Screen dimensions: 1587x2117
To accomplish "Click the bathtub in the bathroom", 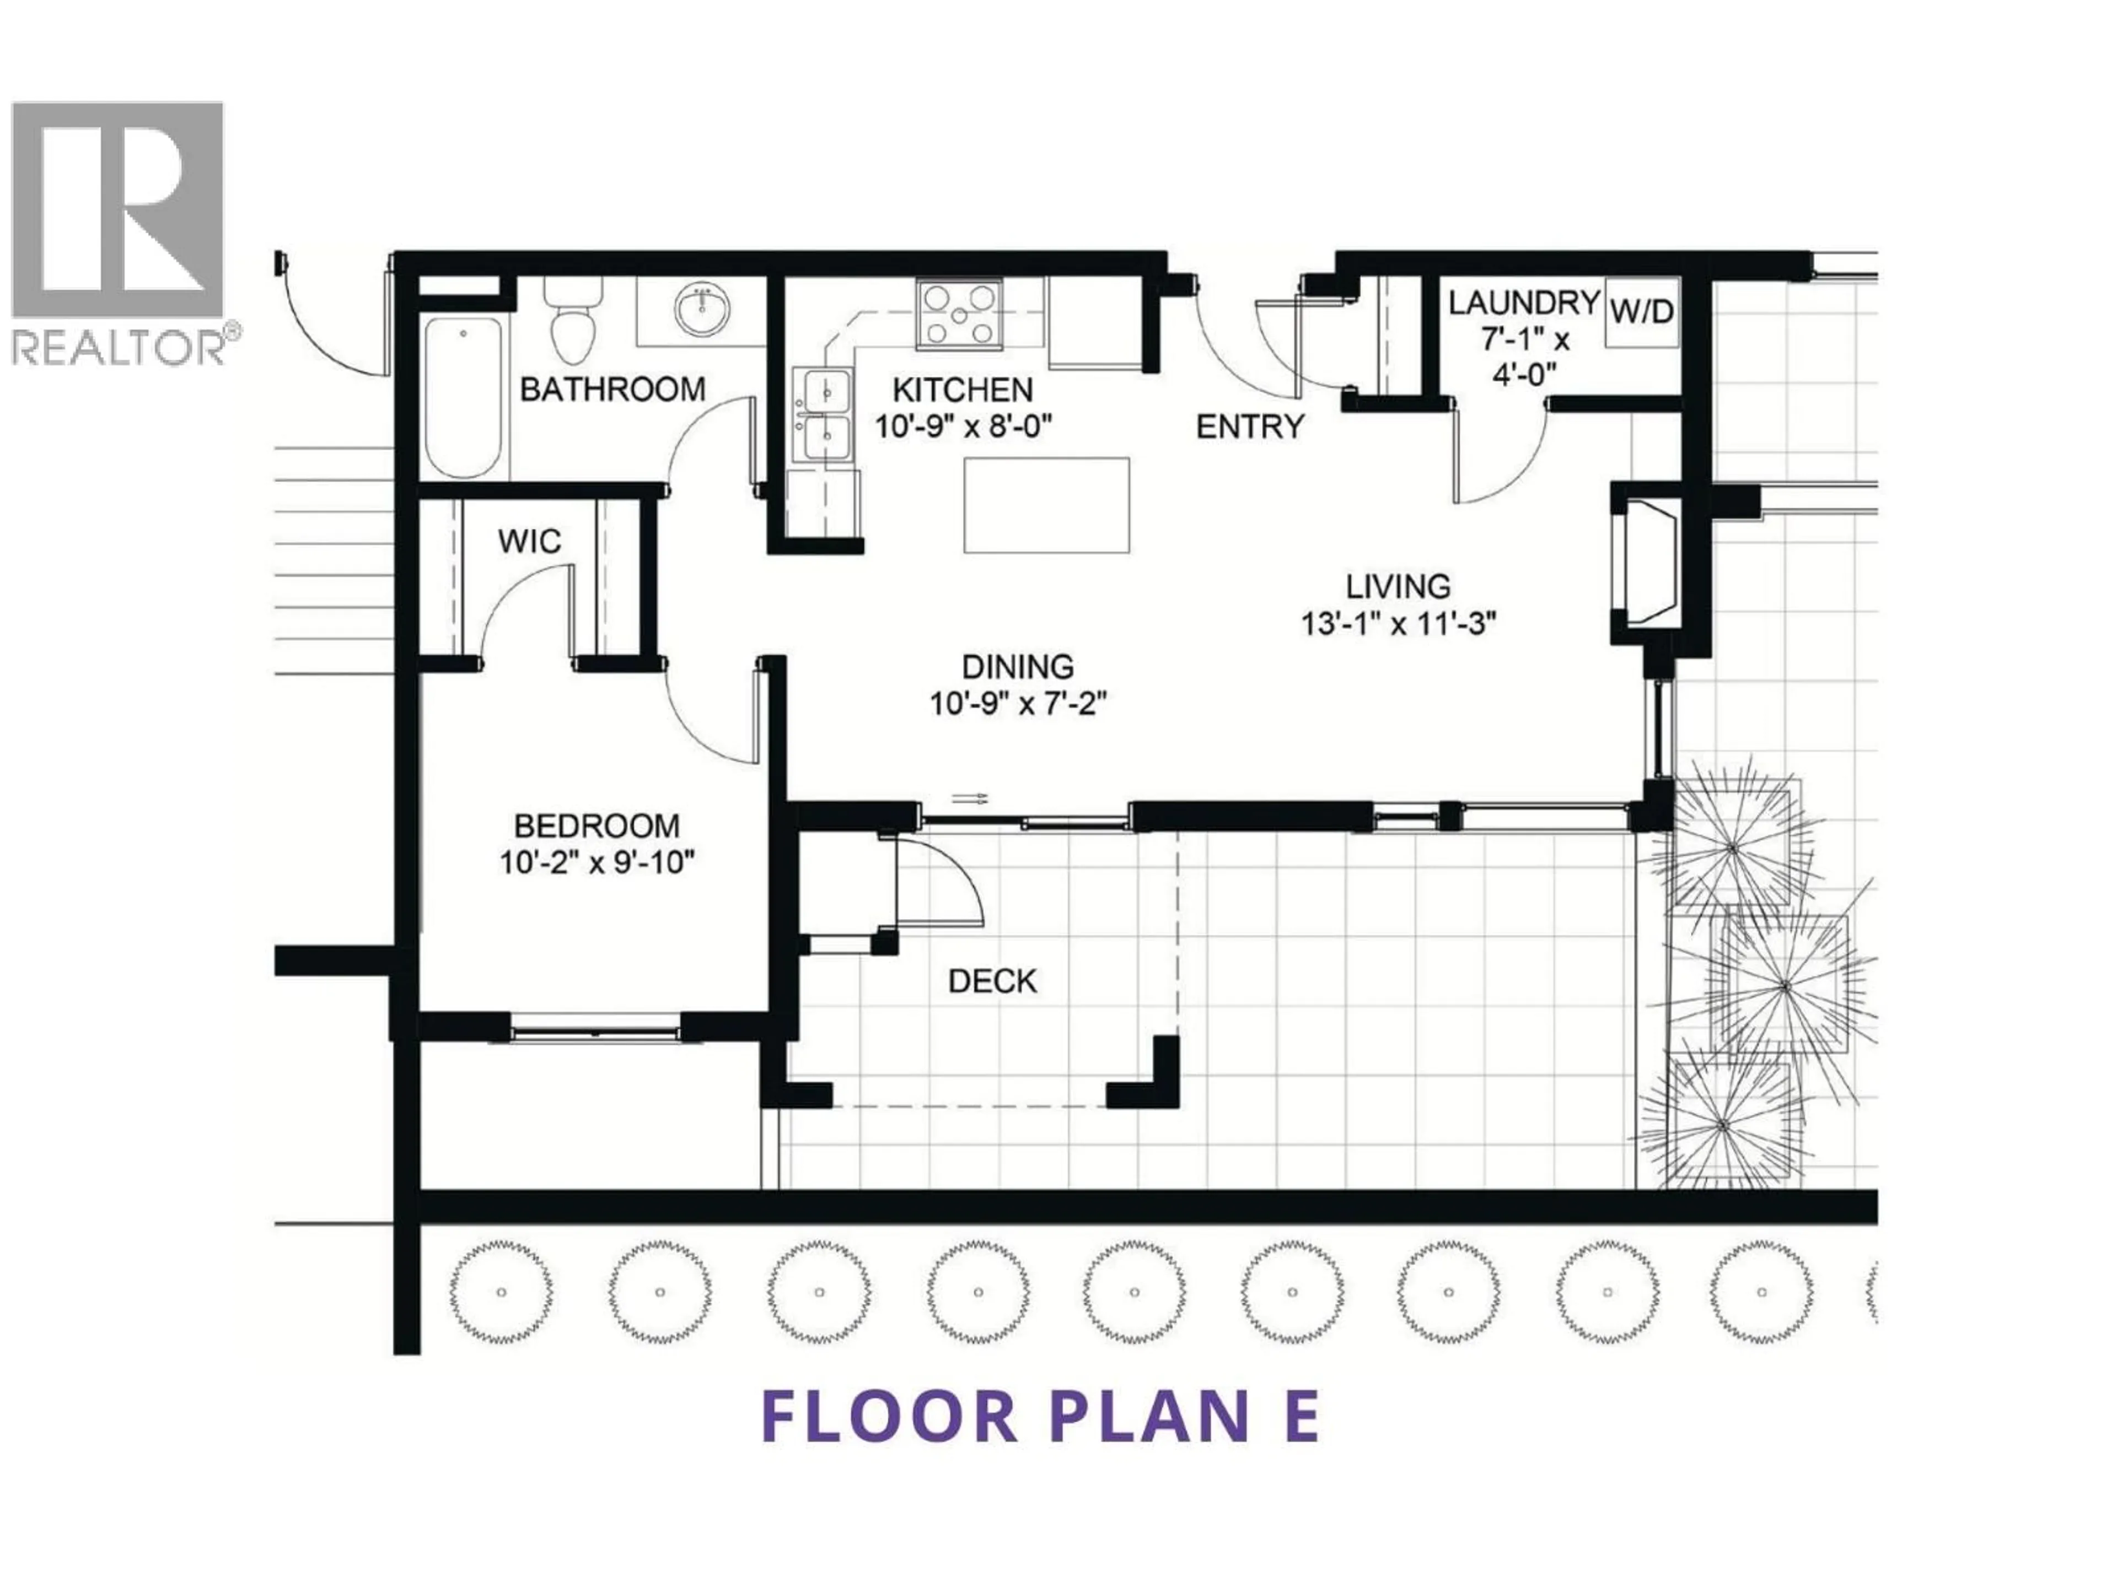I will [463, 396].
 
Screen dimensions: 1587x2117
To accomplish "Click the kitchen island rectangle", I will [1046, 504].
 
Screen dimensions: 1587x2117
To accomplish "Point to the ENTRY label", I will [1250, 427].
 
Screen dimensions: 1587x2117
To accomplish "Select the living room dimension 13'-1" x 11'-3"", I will [1398, 624].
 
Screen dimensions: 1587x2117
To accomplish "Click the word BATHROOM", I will [612, 390].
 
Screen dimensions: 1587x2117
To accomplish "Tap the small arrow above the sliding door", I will [970, 799].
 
